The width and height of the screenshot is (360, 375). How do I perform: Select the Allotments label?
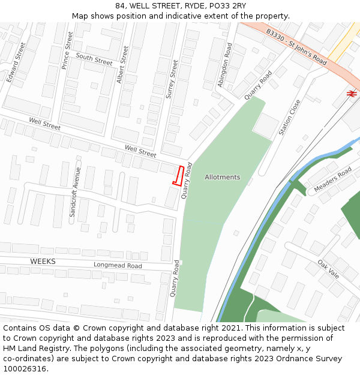tap(222, 177)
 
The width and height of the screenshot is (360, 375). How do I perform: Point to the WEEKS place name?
tap(43, 262)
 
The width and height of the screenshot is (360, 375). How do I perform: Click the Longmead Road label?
tap(118, 265)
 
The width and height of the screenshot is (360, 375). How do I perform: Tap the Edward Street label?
tap(16, 62)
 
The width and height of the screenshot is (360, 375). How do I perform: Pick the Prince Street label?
tap(67, 50)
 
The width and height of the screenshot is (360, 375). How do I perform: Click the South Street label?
tap(94, 59)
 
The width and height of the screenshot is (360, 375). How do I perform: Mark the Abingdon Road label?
tap(224, 65)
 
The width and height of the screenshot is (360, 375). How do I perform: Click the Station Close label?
tap(290, 117)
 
